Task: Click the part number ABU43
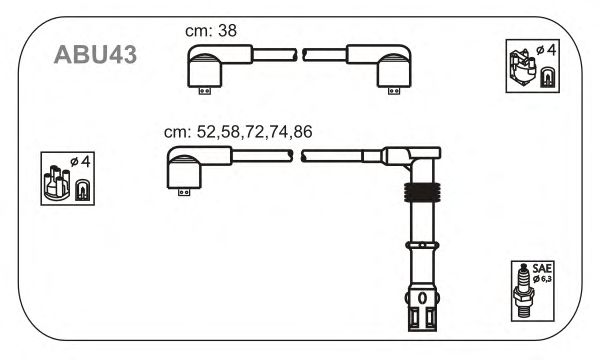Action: click(95, 55)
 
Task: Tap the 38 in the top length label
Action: click(227, 31)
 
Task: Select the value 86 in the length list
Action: click(303, 132)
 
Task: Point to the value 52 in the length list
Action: click(206, 132)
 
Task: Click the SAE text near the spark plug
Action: click(542, 268)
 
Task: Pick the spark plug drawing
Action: click(523, 291)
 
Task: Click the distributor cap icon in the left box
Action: click(57, 183)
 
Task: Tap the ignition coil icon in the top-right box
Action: click(522, 68)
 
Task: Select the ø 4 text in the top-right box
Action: click(546, 50)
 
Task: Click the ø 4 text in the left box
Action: click(80, 161)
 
